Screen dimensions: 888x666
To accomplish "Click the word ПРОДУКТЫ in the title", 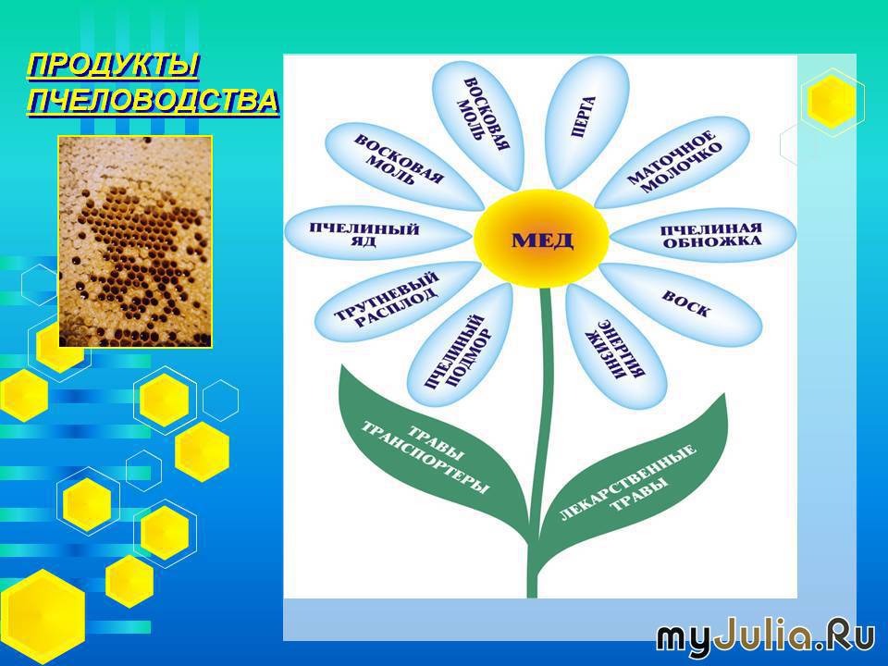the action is pyautogui.click(x=113, y=65).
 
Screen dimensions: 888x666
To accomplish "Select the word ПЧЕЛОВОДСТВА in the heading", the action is pyautogui.click(x=153, y=102).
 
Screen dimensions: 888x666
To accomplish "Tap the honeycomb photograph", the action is pyautogui.click(x=135, y=241).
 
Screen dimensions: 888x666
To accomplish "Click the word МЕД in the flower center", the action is pyautogui.click(x=542, y=240).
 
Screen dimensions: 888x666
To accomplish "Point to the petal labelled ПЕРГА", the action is pyautogui.click(x=586, y=122).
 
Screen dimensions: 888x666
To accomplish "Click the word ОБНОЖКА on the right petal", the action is pyautogui.click(x=712, y=242).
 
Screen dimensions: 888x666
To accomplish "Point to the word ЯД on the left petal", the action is pyautogui.click(x=367, y=241).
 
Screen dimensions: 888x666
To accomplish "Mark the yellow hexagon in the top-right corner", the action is pyautogui.click(x=832, y=101).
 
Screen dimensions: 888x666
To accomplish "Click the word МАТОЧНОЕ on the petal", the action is pyautogui.click(x=672, y=156).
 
